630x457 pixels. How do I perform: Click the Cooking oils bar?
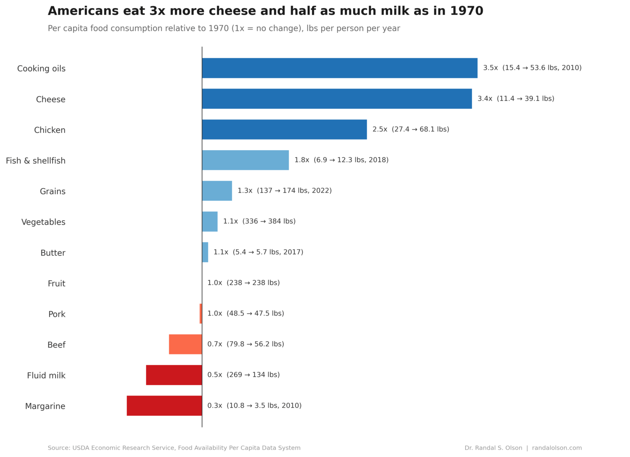[340, 68]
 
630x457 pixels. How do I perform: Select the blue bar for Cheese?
[337, 99]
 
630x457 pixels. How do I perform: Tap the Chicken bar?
[284, 130]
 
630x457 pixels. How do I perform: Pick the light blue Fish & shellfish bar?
[245, 160]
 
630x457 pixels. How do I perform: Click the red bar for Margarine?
[164, 406]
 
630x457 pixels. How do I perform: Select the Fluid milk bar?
[174, 375]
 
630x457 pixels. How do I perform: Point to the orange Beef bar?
[185, 345]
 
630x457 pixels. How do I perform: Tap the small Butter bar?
[205, 252]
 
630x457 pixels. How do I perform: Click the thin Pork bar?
[201, 314]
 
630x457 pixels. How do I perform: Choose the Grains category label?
[52, 192]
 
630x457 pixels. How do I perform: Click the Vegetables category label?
[43, 222]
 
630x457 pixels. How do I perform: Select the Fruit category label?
[57, 283]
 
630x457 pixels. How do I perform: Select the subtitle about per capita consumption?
[224, 28]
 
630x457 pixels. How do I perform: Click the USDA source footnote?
[174, 448]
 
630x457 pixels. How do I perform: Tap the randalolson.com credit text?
[557, 448]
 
